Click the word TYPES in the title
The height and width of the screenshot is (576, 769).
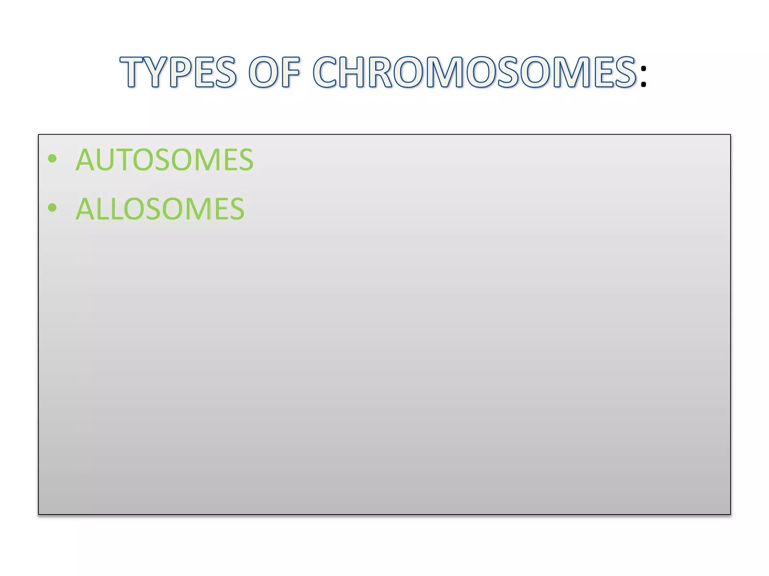[x=178, y=72]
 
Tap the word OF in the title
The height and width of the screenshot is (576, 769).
[x=274, y=72]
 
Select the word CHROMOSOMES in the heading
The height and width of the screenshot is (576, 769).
[x=475, y=72]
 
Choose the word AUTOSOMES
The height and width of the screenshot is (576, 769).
[x=164, y=160]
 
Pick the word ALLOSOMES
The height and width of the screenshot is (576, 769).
[x=160, y=209]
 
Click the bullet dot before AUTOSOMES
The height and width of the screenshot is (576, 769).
[x=53, y=159]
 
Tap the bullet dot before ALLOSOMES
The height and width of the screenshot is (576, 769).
[x=53, y=207]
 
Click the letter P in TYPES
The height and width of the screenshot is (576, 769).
[x=181, y=72]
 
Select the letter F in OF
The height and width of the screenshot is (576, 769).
[x=291, y=72]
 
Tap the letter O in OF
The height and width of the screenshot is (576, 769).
[x=264, y=72]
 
